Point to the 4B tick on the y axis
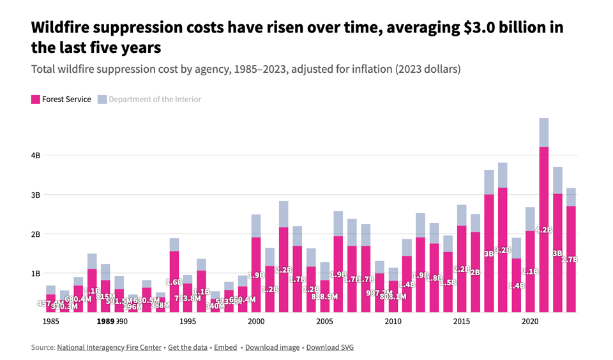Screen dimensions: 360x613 [x=36, y=155]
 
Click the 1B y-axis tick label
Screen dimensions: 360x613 [x=36, y=273]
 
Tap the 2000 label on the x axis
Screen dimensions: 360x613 [x=256, y=322]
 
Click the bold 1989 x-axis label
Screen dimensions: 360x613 [x=105, y=322]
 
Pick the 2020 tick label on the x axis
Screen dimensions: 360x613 [x=530, y=322]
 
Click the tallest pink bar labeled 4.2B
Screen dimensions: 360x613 [x=544, y=230]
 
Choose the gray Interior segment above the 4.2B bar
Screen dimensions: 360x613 [x=544, y=132]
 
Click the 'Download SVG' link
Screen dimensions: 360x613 [x=329, y=347]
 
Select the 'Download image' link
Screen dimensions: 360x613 [x=272, y=347]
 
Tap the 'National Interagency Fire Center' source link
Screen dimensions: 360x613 [x=109, y=347]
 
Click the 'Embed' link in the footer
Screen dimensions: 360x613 [x=225, y=347]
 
